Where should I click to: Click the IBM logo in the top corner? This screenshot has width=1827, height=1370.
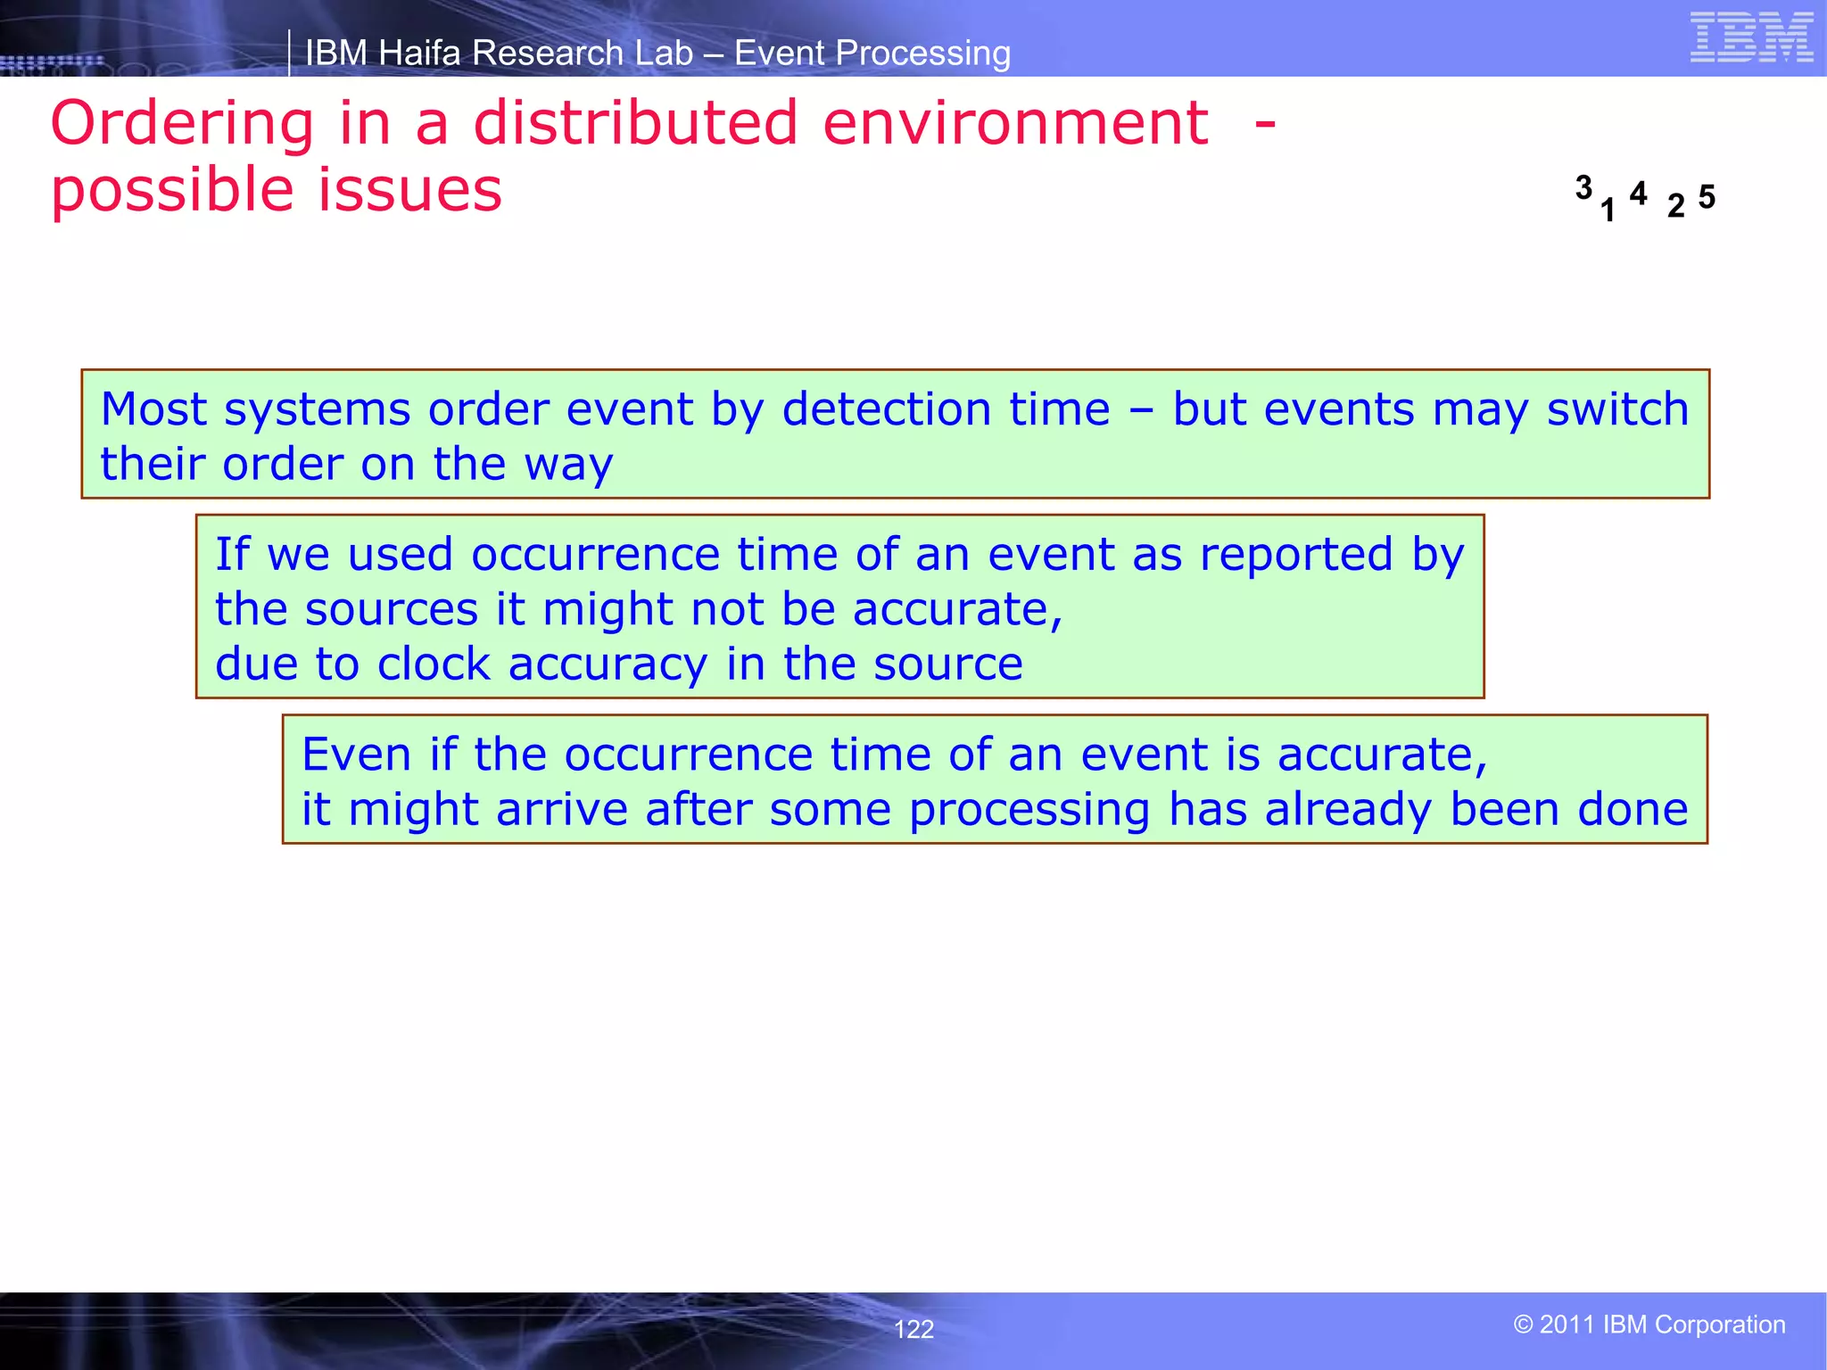(1751, 38)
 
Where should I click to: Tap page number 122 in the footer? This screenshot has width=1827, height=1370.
(913, 1329)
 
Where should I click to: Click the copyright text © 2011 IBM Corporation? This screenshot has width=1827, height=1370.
(1649, 1325)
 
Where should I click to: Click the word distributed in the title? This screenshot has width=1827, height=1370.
(635, 123)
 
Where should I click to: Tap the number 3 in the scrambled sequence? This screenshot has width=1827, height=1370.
(1583, 188)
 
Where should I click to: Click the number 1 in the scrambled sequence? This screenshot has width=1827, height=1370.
(1608, 210)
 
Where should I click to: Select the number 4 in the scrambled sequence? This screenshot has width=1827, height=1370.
(1638, 193)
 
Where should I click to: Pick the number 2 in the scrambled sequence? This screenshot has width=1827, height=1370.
(1676, 206)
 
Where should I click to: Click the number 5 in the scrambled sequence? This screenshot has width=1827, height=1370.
(1707, 197)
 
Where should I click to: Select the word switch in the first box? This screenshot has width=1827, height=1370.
(1617, 410)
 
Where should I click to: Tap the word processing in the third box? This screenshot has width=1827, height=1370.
(1029, 811)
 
